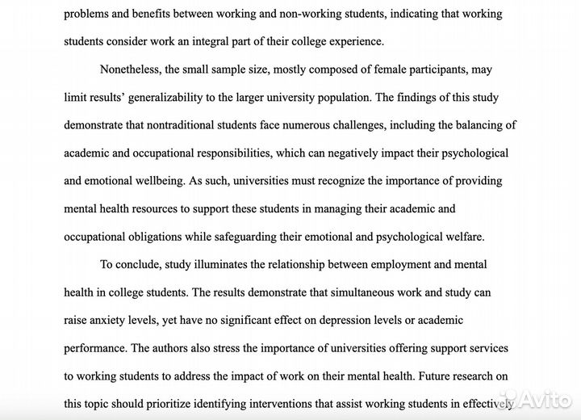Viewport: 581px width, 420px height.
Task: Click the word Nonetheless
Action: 132,69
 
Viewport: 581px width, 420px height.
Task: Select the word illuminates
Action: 211,264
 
